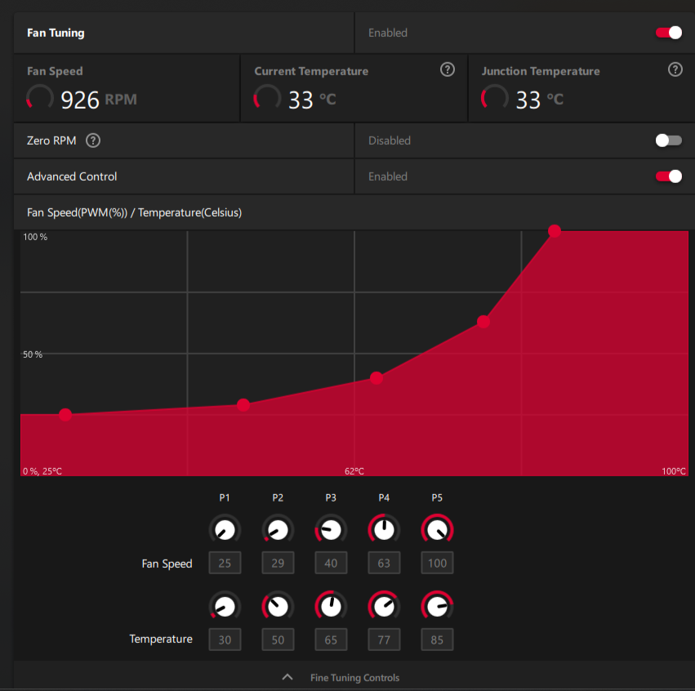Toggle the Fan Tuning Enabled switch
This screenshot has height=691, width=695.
pyautogui.click(x=668, y=33)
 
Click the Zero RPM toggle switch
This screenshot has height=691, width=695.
pyautogui.click(x=668, y=140)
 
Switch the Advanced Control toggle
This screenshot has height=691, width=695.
pyautogui.click(x=668, y=176)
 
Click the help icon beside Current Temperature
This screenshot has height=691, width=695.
pyautogui.click(x=447, y=69)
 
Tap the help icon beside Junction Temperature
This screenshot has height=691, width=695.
pyautogui.click(x=675, y=69)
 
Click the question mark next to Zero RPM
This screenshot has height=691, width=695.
pyautogui.click(x=93, y=140)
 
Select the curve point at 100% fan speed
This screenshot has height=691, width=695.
pyautogui.click(x=555, y=231)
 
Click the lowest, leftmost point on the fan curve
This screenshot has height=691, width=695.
pyautogui.click(x=65, y=415)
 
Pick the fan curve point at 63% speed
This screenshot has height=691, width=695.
pyautogui.click(x=483, y=322)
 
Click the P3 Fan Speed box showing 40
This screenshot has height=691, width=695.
pyautogui.click(x=331, y=563)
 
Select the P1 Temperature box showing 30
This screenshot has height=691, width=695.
pyautogui.click(x=225, y=640)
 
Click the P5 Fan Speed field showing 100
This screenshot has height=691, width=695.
pyautogui.click(x=437, y=563)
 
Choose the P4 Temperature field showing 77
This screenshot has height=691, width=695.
pyautogui.click(x=384, y=640)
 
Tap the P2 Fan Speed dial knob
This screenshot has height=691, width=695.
pyautogui.click(x=278, y=530)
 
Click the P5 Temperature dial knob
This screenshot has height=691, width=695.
pyautogui.click(x=437, y=607)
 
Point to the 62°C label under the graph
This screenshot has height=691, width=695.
pyautogui.click(x=354, y=471)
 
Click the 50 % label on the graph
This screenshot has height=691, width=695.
pyautogui.click(x=33, y=354)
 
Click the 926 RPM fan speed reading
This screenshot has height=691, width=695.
pyautogui.click(x=98, y=100)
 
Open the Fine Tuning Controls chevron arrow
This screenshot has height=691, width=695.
pyautogui.click(x=287, y=677)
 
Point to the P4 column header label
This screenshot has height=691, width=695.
pyautogui.click(x=384, y=497)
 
